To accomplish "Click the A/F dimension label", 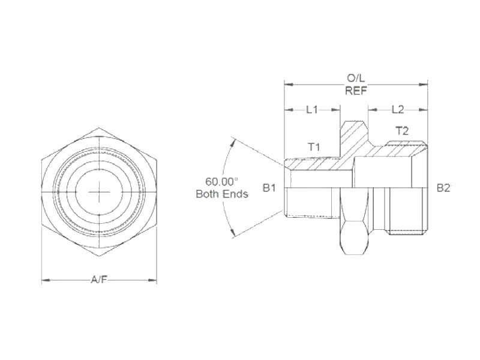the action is click(99, 280).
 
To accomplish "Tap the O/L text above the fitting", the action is click(356, 79).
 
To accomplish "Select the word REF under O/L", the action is click(356, 91).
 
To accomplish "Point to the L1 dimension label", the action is click(312, 110).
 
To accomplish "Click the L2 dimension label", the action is click(398, 110).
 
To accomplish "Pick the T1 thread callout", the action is click(313, 147).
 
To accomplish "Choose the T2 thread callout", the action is click(402, 131).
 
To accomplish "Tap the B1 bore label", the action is click(269, 188).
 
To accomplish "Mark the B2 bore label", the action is click(443, 188).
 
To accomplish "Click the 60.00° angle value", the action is click(221, 182).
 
